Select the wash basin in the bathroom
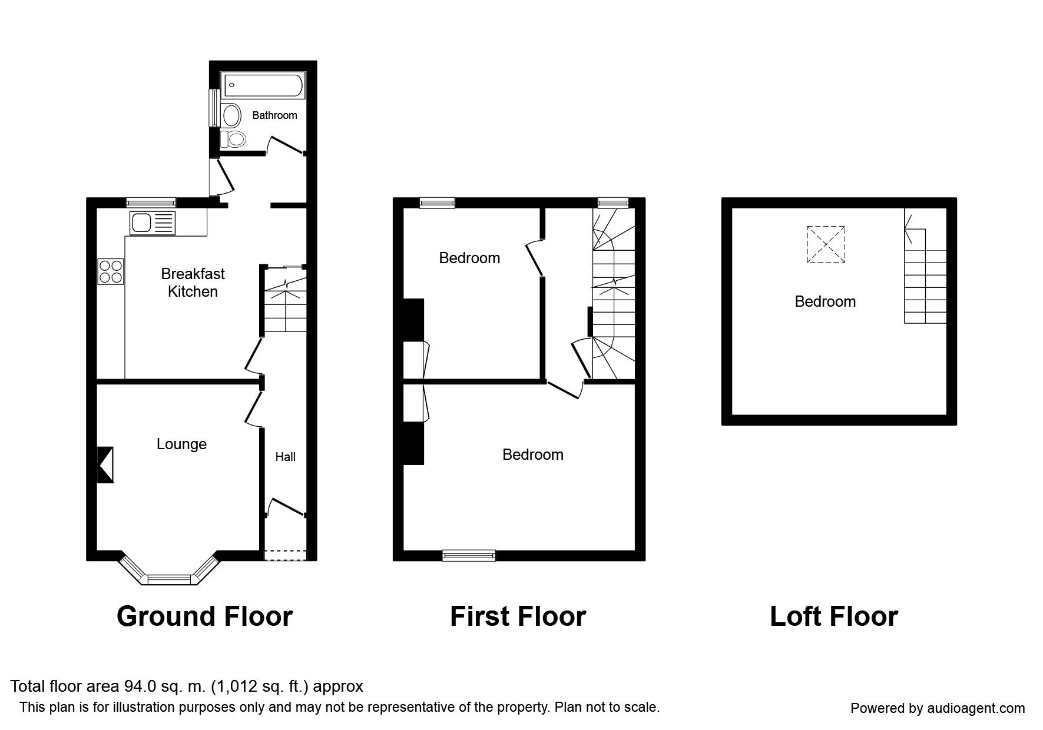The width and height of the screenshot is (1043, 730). click(231, 115)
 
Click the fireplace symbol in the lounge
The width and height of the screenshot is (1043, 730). click(105, 465)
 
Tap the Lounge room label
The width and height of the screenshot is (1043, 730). click(181, 444)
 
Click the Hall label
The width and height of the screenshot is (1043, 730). click(286, 457)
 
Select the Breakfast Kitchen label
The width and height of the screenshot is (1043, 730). click(193, 283)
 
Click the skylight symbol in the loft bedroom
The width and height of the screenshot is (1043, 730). click(825, 244)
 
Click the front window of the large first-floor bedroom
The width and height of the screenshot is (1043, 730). click(469, 555)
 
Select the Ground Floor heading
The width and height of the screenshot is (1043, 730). click(204, 616)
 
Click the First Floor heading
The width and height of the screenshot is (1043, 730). click(518, 616)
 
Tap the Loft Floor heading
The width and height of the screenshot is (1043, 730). click(833, 616)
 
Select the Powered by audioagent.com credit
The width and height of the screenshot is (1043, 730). click(938, 708)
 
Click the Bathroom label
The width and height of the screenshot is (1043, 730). click(274, 115)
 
